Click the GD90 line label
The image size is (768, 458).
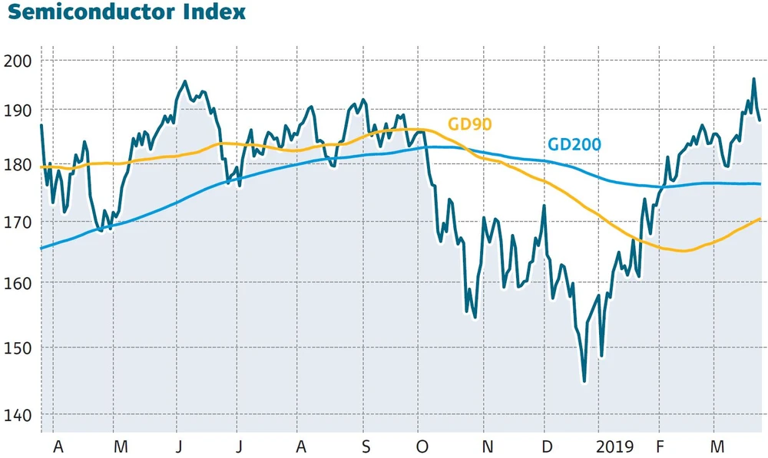coord(469,124)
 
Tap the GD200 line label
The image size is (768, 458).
coord(574,144)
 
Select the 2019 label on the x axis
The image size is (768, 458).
coord(614,446)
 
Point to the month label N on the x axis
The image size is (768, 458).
coord(486,446)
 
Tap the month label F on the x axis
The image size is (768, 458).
coord(659,446)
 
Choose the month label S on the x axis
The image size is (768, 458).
coord(366,446)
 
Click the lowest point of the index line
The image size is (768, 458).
coord(584,381)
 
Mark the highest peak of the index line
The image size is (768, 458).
coord(753,79)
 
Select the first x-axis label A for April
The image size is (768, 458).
coord(58,446)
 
